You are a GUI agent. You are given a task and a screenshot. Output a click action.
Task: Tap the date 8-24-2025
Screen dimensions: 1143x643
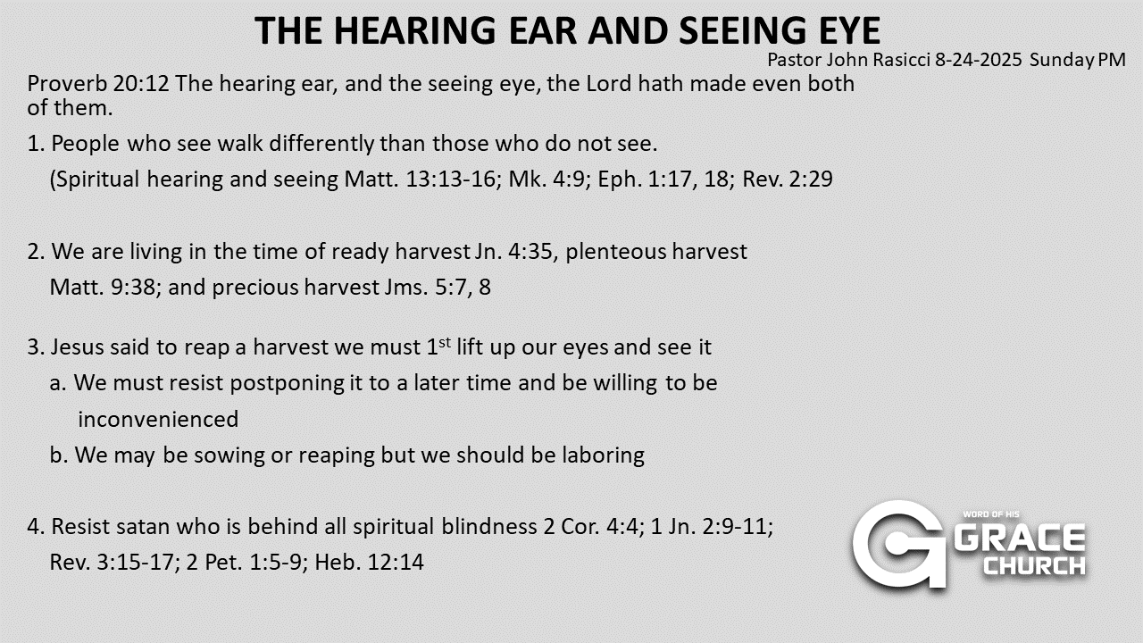[x=978, y=60]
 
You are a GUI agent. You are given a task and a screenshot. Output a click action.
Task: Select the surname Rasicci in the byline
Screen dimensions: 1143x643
[x=901, y=60]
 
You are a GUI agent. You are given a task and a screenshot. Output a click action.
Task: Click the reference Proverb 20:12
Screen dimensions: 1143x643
[x=98, y=84]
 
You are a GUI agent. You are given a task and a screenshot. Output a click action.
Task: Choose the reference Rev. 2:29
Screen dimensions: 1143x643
[x=788, y=180]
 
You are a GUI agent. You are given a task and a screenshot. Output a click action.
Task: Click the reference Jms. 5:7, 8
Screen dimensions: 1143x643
[x=438, y=288]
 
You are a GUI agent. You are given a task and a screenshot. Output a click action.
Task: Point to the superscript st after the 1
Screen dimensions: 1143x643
[x=445, y=342]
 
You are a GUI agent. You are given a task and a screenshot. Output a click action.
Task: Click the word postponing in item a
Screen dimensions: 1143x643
[x=288, y=384]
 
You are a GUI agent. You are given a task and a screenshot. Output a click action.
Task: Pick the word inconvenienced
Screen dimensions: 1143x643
[x=158, y=420]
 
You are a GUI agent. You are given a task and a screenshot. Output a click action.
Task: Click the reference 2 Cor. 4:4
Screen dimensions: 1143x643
[x=591, y=527]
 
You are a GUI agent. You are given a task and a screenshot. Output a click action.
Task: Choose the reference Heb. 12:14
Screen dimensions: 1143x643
[x=369, y=563]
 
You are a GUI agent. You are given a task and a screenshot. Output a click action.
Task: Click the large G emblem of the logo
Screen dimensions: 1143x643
[x=899, y=545]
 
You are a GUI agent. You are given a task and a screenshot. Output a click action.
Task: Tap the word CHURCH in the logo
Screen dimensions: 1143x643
[x=1035, y=566]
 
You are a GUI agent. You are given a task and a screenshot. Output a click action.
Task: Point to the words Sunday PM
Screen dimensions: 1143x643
[x=1078, y=60]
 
